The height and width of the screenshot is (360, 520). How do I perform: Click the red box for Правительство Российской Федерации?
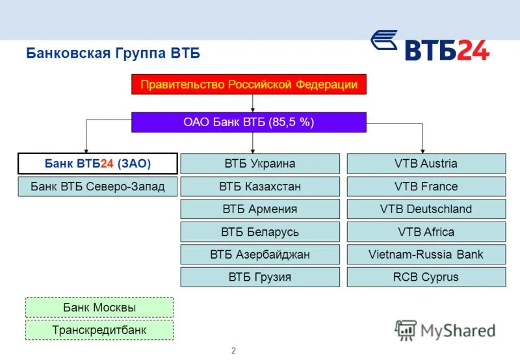pos(249,84)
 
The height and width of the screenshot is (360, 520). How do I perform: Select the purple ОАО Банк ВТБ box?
pos(249,122)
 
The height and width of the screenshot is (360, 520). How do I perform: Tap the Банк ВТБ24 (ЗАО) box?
pos(98,163)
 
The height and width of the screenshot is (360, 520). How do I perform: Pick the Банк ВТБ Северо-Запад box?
pos(98,186)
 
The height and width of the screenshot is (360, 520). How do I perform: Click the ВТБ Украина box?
pos(260,163)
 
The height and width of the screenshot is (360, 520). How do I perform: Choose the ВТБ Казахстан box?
pos(260,186)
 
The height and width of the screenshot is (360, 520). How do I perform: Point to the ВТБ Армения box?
pos(260,209)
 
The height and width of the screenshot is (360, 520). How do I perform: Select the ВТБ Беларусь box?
pos(260,232)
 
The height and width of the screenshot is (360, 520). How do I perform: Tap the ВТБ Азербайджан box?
pos(260,254)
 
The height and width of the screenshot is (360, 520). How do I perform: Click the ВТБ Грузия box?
pos(260,277)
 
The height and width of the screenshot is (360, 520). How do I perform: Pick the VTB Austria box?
pos(426,163)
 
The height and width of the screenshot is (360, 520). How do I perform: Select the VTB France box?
pos(426,186)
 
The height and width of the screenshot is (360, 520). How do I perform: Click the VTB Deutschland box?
pos(426,209)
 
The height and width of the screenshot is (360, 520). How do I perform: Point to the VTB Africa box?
pos(426,232)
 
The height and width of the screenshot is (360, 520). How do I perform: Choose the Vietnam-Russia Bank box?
pos(426,254)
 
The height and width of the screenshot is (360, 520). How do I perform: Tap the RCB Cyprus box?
pos(426,277)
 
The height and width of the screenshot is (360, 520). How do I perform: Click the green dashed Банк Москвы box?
pos(99,307)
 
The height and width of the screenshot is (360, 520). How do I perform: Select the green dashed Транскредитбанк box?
pos(99,330)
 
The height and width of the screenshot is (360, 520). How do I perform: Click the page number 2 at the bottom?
pos(233,350)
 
